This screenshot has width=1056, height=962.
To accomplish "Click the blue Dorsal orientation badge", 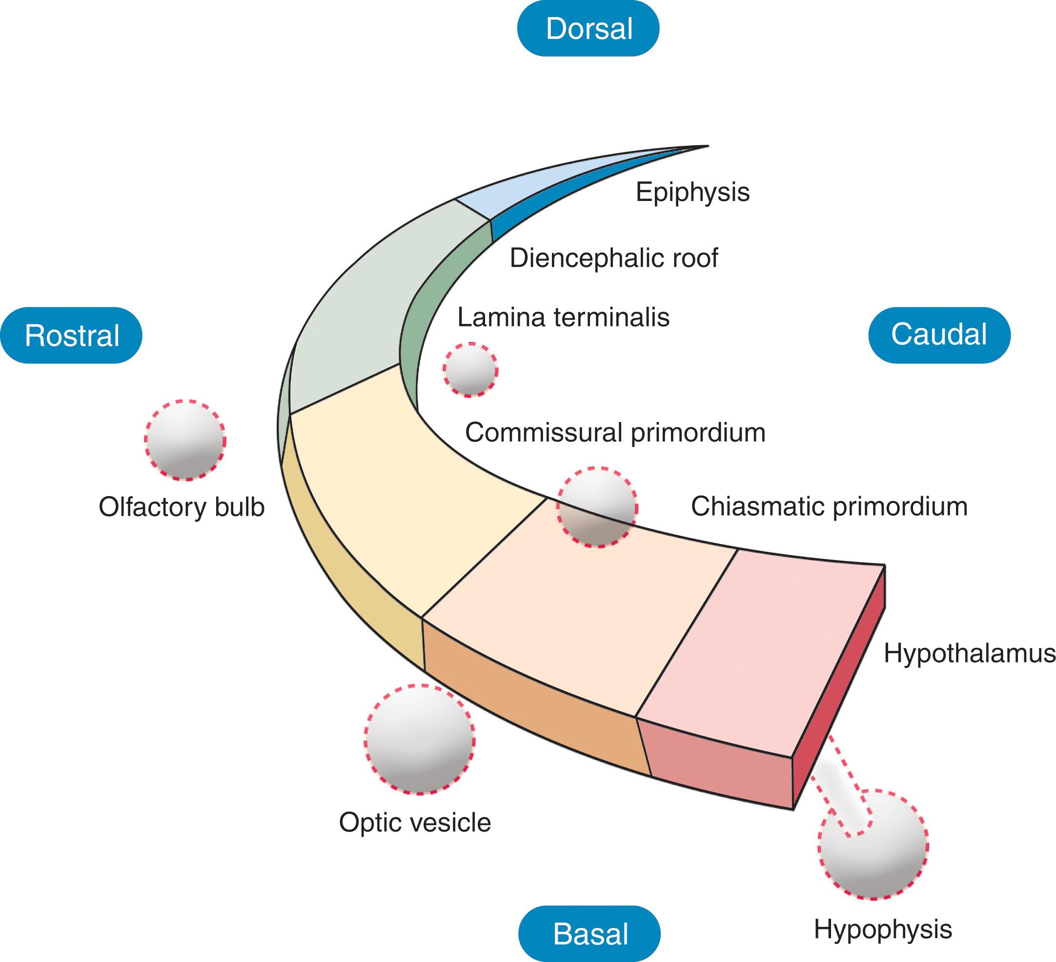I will click(x=588, y=28).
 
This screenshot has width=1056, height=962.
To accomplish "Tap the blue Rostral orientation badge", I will click(x=71, y=335).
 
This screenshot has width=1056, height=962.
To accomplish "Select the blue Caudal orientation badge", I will click(x=939, y=335).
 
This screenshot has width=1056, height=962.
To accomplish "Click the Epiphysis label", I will click(x=692, y=192).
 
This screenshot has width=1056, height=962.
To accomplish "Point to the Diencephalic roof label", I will click(x=613, y=258).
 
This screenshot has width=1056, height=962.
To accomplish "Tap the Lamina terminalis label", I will click(x=563, y=318).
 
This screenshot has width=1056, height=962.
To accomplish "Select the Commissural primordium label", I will click(x=615, y=433).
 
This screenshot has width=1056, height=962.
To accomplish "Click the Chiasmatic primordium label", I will click(x=829, y=506).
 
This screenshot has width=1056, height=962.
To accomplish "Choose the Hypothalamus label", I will click(x=969, y=654).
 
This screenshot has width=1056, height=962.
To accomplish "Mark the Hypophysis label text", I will click(x=883, y=929).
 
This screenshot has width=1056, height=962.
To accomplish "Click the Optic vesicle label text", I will click(x=415, y=822).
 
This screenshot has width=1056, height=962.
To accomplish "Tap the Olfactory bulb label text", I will click(x=181, y=507).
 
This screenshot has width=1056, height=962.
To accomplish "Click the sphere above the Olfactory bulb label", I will click(x=185, y=441).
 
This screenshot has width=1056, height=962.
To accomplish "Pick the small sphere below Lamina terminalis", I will click(x=470, y=370).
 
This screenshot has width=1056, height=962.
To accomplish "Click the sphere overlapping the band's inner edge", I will click(x=597, y=507).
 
